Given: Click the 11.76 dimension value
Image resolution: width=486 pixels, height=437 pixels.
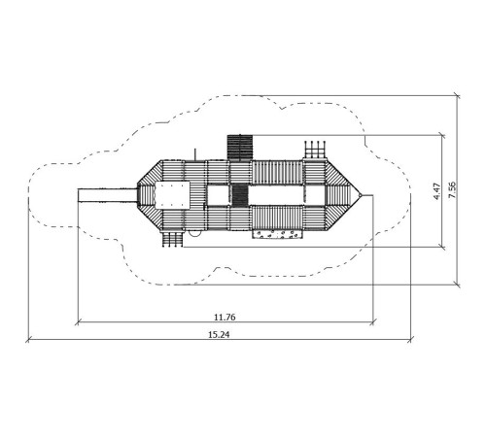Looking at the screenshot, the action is tap(225, 318).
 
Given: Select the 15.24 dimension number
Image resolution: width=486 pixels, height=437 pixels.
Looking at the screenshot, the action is tap(219, 335).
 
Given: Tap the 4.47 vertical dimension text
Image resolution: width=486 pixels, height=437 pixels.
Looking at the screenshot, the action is tap(436, 191).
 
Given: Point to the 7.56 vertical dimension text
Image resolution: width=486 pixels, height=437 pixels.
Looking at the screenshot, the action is tap(452, 190).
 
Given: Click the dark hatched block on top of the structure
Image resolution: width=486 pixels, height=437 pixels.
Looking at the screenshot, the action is tap(240, 148).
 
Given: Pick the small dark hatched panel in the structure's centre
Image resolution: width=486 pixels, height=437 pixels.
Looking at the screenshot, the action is tap(240, 195).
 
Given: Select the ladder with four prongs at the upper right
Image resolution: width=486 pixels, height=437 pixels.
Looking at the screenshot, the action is tap(315, 150).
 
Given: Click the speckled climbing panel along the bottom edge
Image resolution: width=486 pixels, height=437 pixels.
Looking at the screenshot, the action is tap(278, 234).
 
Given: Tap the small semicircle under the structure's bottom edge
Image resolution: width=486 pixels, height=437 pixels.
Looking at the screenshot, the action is tap(193, 233).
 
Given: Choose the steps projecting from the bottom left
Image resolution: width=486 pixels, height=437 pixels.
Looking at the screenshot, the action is tap(172, 239).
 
